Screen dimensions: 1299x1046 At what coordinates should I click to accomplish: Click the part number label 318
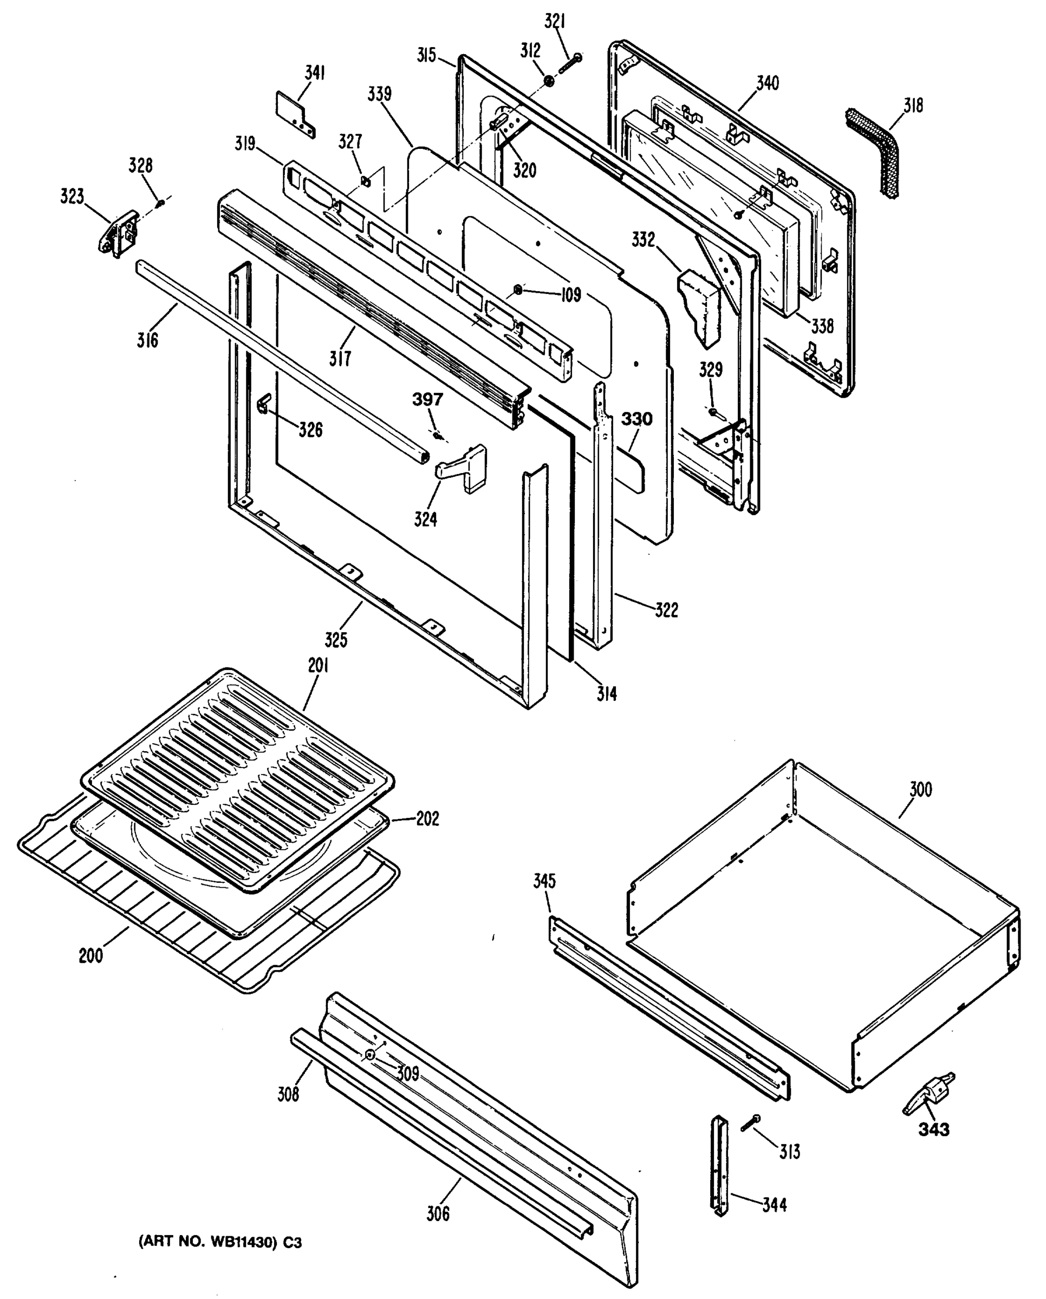click(913, 106)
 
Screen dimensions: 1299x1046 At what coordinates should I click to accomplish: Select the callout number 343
click(934, 1129)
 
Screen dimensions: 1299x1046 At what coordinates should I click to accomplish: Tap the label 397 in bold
click(427, 399)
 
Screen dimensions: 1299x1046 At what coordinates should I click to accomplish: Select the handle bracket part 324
click(464, 468)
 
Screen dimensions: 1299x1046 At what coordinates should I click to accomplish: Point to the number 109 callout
click(570, 294)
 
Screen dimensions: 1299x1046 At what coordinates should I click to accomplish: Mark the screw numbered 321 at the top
click(569, 64)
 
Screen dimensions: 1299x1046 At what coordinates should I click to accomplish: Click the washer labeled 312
click(549, 80)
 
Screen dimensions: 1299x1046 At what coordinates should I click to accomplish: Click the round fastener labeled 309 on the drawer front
click(369, 1054)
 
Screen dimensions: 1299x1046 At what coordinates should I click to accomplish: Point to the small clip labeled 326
click(264, 404)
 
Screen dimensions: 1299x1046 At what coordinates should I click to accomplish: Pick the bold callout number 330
click(636, 419)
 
